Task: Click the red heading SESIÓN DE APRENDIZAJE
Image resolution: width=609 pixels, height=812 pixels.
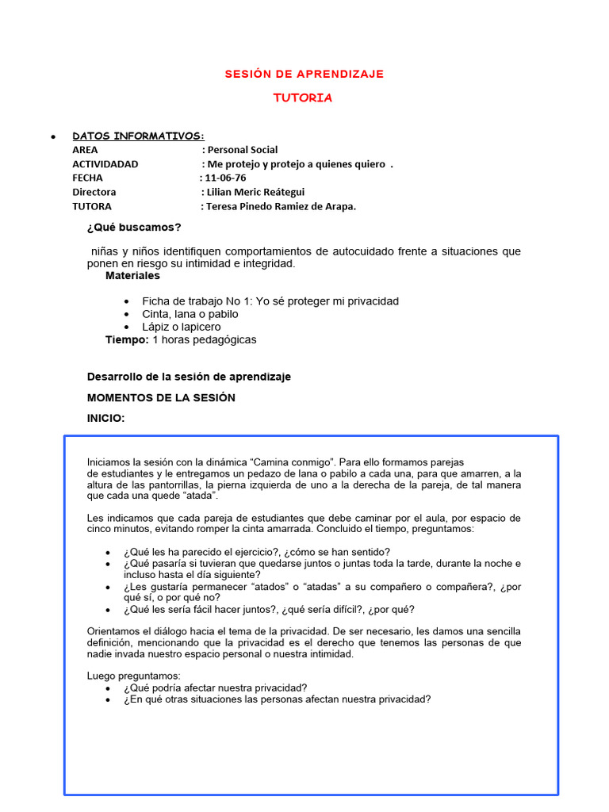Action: (x=304, y=74)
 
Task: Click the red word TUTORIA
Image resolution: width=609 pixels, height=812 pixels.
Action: (x=303, y=98)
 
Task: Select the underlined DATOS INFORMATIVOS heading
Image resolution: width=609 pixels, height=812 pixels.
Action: (x=138, y=136)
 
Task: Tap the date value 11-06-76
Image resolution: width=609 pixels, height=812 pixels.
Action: (x=225, y=178)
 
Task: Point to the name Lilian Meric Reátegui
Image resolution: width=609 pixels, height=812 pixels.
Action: (x=255, y=192)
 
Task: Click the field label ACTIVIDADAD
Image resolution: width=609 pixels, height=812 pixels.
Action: (x=105, y=164)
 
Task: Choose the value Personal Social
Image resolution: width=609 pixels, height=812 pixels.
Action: (x=243, y=150)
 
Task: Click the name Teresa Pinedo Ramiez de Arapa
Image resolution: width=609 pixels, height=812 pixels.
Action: (x=282, y=206)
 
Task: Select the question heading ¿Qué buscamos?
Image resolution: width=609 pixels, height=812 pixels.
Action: (x=134, y=228)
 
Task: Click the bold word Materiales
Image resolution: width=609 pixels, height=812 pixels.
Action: (x=132, y=276)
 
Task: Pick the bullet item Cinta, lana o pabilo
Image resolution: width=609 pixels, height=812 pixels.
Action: (x=190, y=314)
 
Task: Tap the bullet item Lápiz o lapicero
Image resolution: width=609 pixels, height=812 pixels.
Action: (x=182, y=327)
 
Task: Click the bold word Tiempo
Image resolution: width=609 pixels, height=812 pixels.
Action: (x=126, y=339)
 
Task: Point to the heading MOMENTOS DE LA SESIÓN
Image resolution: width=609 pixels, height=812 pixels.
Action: (x=161, y=397)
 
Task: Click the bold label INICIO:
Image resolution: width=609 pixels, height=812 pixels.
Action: (x=105, y=418)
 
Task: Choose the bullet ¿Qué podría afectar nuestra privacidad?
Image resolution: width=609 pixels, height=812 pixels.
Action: (x=215, y=688)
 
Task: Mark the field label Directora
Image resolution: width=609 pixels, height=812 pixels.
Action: (x=94, y=192)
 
